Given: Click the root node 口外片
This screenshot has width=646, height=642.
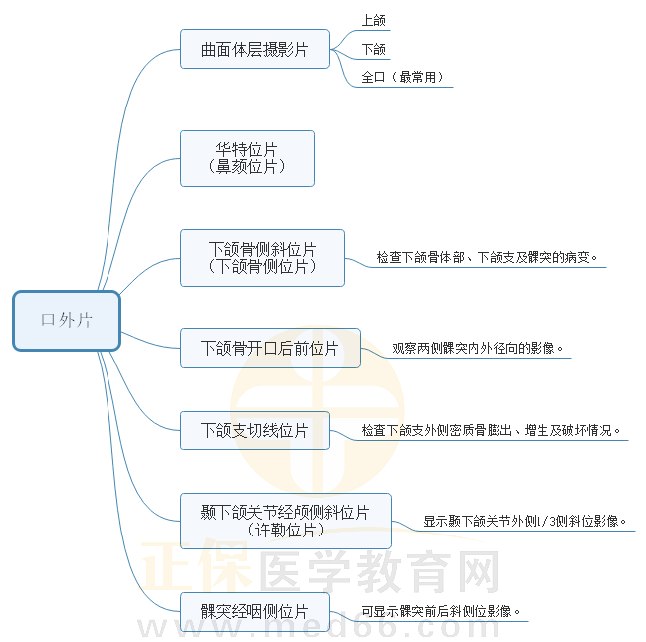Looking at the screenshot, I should pyautogui.click(x=67, y=321).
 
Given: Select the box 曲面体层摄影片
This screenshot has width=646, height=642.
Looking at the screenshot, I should pyautogui.click(x=255, y=49).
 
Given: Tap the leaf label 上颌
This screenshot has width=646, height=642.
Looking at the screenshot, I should pyautogui.click(x=374, y=19).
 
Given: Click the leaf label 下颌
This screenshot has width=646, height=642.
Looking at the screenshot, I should pyautogui.click(x=374, y=48).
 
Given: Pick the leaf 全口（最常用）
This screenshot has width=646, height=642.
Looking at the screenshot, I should pyautogui.click(x=403, y=77).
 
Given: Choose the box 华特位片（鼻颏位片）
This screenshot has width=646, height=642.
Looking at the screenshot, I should pyautogui.click(x=247, y=158).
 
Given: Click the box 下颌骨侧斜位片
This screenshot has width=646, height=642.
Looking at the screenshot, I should pyautogui.click(x=263, y=248).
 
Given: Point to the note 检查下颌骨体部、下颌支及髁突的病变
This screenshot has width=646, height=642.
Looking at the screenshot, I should pyautogui.click(x=488, y=257).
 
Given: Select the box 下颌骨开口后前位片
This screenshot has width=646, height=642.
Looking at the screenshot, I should pyautogui.click(x=270, y=348).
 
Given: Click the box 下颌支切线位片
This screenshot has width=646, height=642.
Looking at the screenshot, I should pyautogui.click(x=254, y=430).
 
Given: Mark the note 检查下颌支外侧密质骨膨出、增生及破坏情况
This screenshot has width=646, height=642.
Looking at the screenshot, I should pyautogui.click(x=493, y=431).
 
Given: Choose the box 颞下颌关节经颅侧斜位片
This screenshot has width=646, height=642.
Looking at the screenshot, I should pyautogui.click(x=285, y=513).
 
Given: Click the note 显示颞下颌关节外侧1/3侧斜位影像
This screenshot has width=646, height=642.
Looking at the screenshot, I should pyautogui.click(x=525, y=520).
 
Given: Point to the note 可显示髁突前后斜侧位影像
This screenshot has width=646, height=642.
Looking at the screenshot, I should pyautogui.click(x=441, y=611).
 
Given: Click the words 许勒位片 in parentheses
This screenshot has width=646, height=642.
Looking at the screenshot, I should pyautogui.click(x=285, y=531).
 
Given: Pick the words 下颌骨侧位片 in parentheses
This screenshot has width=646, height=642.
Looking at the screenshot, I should pyautogui.click(x=263, y=266).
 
